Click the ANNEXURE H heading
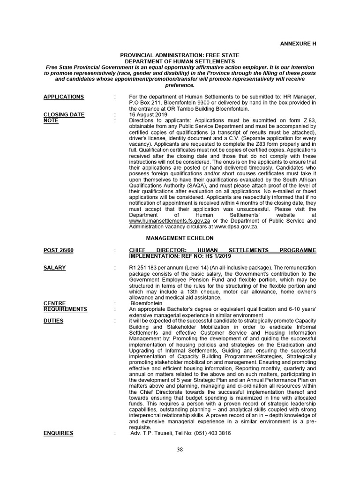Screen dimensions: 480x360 [x=299, y=43]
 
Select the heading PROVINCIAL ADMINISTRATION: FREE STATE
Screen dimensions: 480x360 [x=180, y=55]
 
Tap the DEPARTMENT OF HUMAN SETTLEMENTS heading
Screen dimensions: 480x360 [x=180, y=61]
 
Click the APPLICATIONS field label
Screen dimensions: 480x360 [x=64, y=97]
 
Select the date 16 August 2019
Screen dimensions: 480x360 [x=149, y=115]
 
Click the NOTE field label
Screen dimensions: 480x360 [x=51, y=120]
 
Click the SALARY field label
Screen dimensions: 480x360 [x=54, y=268]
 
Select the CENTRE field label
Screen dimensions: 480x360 [x=54, y=303]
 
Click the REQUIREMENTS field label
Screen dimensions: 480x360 [x=65, y=309]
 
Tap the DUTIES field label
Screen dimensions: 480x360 [x=54, y=321]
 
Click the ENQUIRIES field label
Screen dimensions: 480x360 [x=58, y=433]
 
